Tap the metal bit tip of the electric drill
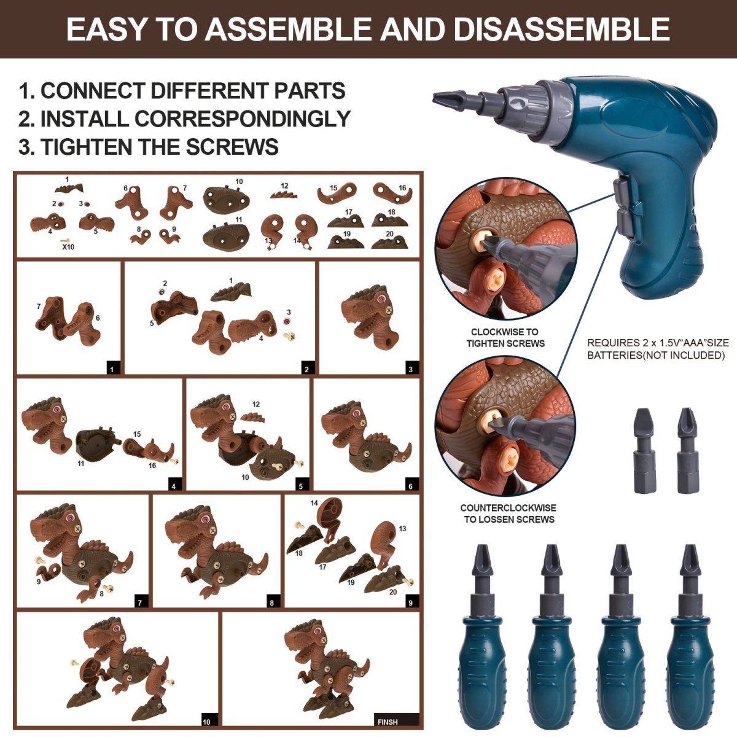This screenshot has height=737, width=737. [451, 98]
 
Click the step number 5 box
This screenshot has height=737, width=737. [300, 486]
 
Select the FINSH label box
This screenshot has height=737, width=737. [396, 721]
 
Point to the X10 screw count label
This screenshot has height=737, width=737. [69, 248]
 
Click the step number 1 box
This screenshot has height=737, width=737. [113, 369]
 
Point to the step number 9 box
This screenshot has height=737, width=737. [411, 602]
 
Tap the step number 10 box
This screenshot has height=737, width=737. [207, 721]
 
